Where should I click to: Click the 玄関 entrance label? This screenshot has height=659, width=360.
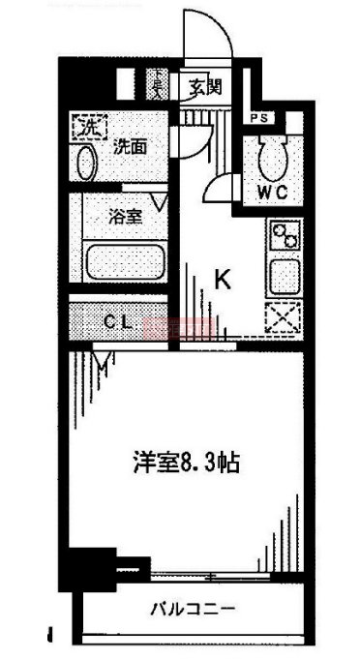point(205,87)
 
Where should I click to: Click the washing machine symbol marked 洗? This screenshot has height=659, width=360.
point(86,127)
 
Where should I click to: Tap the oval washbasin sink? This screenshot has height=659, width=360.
point(85,162)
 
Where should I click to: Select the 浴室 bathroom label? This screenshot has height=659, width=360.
point(126,217)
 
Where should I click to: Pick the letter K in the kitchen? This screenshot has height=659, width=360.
point(222,281)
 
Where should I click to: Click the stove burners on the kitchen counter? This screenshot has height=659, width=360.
point(285,234)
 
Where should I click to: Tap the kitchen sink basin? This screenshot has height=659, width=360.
point(285,277)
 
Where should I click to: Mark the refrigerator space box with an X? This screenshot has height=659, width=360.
point(285,317)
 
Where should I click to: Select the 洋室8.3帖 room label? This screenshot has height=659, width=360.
point(187,463)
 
